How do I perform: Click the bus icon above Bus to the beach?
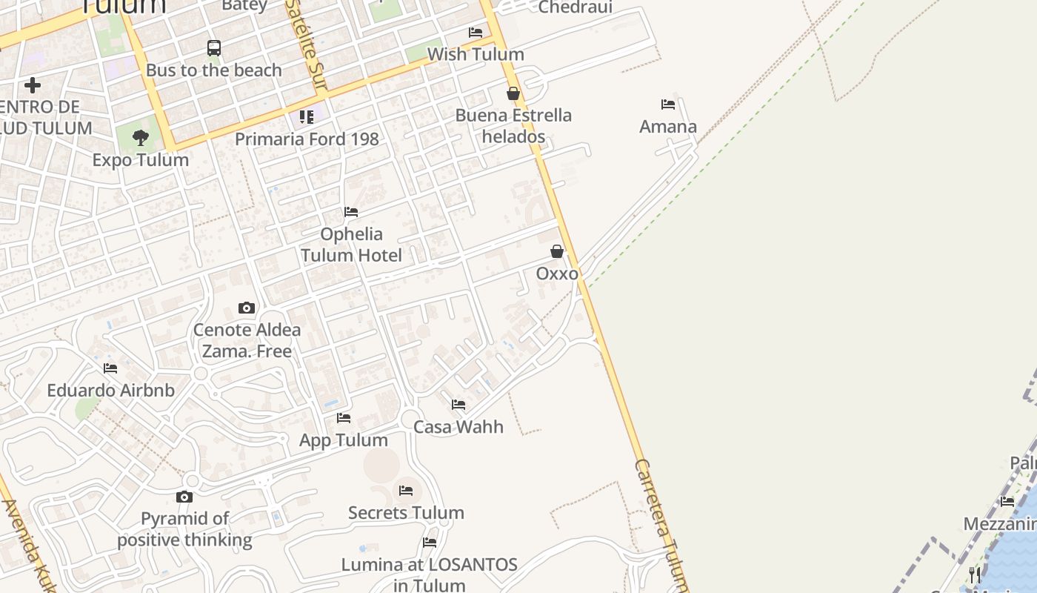[214, 48]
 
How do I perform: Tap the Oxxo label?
[557, 274]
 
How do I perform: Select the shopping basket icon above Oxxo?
[557, 251]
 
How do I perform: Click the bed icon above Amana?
[668, 105]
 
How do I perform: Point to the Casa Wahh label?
[459, 427]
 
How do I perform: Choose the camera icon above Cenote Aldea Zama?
[247, 308]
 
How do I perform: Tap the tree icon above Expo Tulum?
[141, 137]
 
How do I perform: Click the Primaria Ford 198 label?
[307, 139]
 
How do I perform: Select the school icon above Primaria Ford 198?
[307, 116]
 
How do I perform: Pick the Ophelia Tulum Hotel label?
[351, 245]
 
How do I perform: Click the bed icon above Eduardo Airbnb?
[110, 368]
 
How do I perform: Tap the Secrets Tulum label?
[406, 512]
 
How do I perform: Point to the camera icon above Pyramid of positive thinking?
[184, 497]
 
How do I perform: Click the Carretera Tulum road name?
[661, 523]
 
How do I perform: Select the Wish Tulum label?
[476, 54]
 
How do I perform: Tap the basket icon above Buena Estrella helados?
[513, 93]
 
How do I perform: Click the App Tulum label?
[344, 440]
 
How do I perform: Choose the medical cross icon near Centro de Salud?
[33, 85]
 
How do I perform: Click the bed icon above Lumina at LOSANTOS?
[430, 543]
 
